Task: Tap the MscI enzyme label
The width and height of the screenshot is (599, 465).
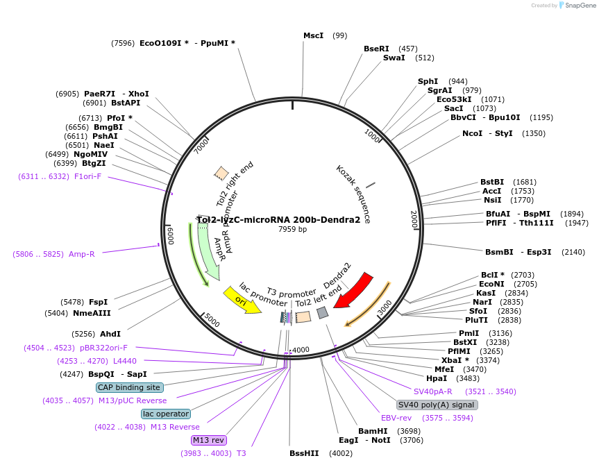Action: click(314, 35)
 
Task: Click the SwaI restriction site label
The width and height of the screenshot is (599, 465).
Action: click(394, 58)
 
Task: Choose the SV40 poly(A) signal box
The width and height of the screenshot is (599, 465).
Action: click(437, 405)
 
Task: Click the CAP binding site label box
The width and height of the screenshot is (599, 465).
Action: click(129, 387)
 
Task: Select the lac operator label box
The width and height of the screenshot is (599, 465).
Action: click(165, 414)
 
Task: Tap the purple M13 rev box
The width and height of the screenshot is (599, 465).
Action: click(209, 440)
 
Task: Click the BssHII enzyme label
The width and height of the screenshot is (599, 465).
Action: click(304, 453)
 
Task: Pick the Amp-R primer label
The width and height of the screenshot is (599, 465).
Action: click(81, 254)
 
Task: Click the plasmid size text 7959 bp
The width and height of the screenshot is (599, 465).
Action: click(292, 229)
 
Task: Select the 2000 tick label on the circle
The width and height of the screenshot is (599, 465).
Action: click(414, 220)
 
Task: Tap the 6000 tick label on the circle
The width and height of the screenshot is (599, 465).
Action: click(171, 235)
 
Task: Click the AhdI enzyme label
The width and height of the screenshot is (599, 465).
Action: click(110, 334)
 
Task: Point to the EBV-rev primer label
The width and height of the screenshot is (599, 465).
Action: click(396, 418)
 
